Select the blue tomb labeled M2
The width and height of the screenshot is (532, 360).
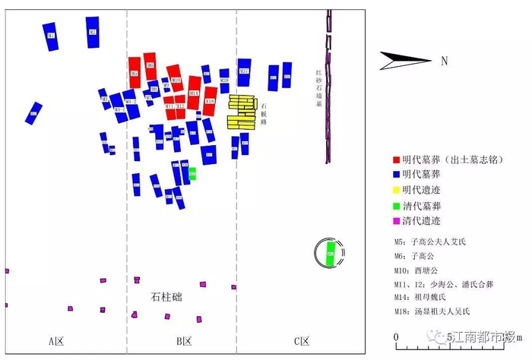click(x=93, y=33)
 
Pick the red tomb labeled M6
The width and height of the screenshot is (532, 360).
click(x=150, y=66)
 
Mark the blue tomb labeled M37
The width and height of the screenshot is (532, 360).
click(x=244, y=72)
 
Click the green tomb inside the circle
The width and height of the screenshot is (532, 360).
click(x=330, y=253)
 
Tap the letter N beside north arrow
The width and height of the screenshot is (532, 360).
click(x=444, y=60)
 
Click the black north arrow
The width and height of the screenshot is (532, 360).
click(x=406, y=59)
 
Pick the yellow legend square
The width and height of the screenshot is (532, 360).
click(x=395, y=190)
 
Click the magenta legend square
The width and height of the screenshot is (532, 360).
click(x=395, y=221)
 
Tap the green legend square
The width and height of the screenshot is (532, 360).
click(x=395, y=206)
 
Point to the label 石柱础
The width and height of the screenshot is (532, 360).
click(x=166, y=296)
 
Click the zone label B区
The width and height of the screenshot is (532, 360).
click(x=184, y=341)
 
